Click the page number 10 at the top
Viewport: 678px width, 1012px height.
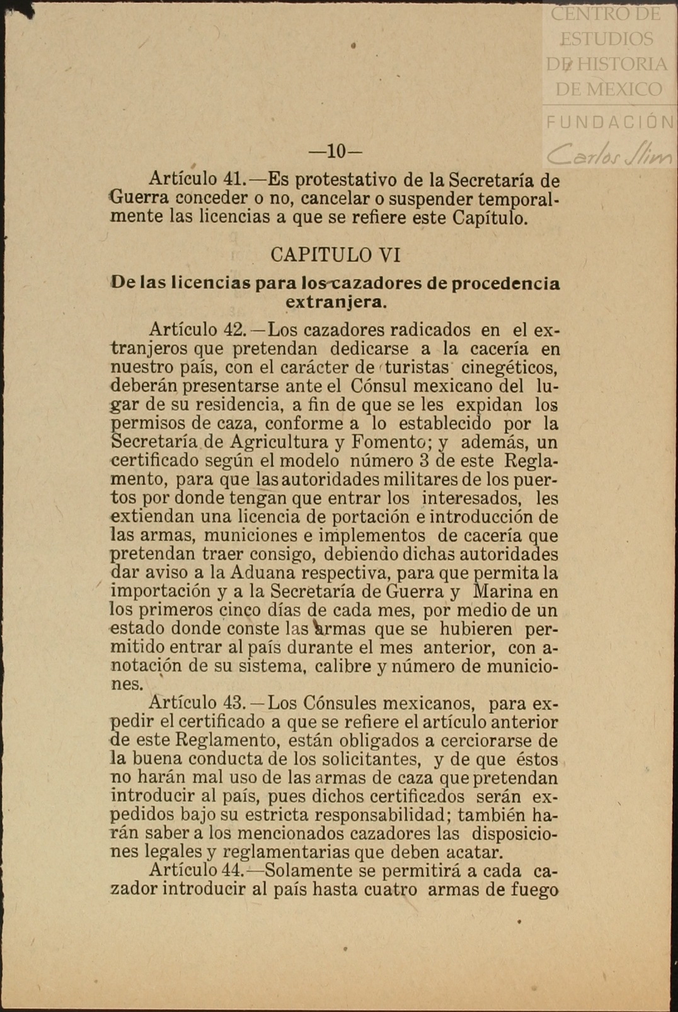(x=336, y=152)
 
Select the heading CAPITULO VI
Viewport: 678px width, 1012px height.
(x=335, y=254)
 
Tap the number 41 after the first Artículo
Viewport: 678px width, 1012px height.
(x=234, y=180)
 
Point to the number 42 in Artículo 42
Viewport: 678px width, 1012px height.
(x=234, y=330)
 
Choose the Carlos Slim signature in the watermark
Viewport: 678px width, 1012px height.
(x=609, y=153)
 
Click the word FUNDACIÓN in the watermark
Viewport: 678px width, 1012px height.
(x=610, y=122)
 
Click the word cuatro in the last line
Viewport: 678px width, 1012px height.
(x=391, y=889)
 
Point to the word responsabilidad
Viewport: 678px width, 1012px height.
(x=384, y=815)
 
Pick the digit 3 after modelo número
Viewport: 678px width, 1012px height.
(x=424, y=461)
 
